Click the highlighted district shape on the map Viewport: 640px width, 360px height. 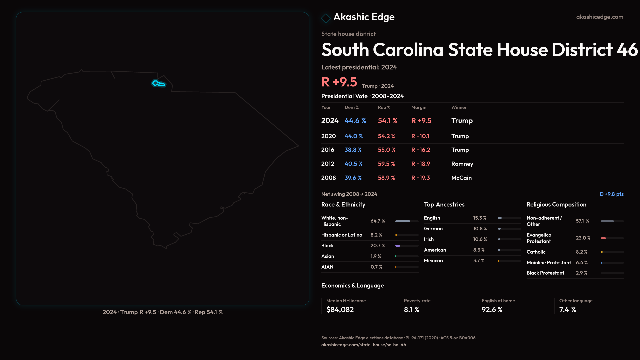pyautogui.click(x=158, y=84)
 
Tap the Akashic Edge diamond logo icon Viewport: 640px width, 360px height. pyautogui.click(x=326, y=18)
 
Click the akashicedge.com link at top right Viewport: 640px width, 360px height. pyautogui.click(x=599, y=17)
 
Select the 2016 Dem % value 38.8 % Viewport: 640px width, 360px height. pyautogui.click(x=353, y=150)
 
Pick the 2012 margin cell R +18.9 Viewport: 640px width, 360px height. pyautogui.click(x=420, y=164)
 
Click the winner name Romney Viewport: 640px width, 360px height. pyautogui.click(x=462, y=164)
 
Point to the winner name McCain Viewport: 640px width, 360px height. pyautogui.click(x=461, y=178)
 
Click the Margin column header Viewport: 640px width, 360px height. pyautogui.click(x=419, y=107)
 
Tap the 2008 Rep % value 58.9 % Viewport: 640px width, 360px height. pyautogui.click(x=386, y=178)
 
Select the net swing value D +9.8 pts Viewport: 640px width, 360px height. pyautogui.click(x=611, y=194)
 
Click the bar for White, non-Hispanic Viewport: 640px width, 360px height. pyautogui.click(x=407, y=221)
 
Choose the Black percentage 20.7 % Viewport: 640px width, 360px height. pyautogui.click(x=378, y=246)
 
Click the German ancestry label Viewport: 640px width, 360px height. pyautogui.click(x=433, y=229)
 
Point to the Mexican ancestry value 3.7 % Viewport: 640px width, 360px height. pyautogui.click(x=479, y=261)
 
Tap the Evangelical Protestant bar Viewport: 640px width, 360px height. pyautogui.click(x=612, y=238)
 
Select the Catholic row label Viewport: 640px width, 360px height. pyautogui.click(x=536, y=252)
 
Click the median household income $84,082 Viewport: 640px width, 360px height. pyautogui.click(x=340, y=310)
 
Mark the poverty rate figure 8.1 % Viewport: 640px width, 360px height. pyautogui.click(x=411, y=310)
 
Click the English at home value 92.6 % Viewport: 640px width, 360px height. pyautogui.click(x=492, y=310)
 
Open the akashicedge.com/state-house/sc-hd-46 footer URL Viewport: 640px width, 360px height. pyautogui.click(x=363, y=345)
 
